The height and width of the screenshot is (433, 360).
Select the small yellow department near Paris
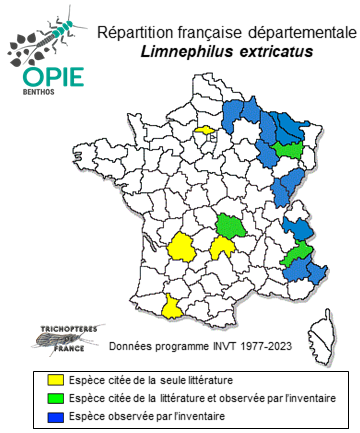click(205, 129)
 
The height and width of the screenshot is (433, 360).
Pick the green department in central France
click(230, 226)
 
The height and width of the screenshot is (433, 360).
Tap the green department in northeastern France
click(291, 149)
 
